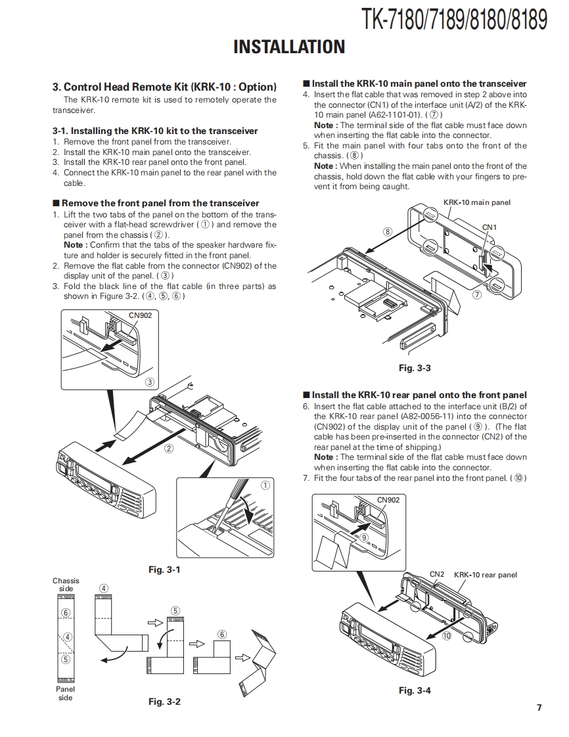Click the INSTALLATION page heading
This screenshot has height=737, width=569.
(x=289, y=47)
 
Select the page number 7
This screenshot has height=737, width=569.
(x=539, y=707)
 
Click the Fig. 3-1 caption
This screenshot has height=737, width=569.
(x=164, y=569)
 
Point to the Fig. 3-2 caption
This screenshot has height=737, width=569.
(x=164, y=702)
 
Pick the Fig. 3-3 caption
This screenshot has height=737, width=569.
(x=415, y=368)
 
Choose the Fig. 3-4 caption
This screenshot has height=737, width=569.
(x=415, y=690)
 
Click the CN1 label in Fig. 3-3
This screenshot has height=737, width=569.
(x=489, y=227)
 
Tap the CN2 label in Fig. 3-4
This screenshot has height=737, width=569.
(x=437, y=574)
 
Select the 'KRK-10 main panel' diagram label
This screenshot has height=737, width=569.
(x=476, y=202)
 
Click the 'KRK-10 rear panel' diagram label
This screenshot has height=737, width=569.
(x=486, y=575)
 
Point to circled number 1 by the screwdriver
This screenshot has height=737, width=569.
(x=265, y=486)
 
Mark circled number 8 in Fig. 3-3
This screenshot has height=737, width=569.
(x=388, y=231)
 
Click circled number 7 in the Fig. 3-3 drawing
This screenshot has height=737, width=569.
(x=477, y=294)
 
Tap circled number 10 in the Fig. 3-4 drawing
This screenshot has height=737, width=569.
(x=447, y=635)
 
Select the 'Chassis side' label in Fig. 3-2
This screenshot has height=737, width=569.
(x=66, y=585)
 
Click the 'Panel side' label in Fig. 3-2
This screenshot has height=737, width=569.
(x=66, y=693)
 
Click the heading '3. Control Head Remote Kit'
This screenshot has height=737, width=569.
(x=164, y=87)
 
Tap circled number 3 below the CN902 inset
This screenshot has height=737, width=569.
(x=150, y=382)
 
